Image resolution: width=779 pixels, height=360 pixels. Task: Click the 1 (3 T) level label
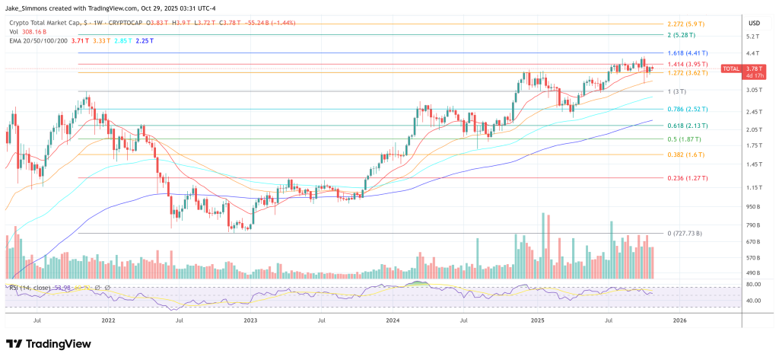676,91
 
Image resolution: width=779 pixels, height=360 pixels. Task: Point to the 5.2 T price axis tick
753,36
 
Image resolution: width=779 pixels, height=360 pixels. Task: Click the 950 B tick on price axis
753,206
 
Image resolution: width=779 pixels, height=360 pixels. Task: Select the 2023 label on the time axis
250,321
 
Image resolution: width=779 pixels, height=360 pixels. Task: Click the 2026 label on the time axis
679,321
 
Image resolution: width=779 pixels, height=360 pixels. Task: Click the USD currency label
754,23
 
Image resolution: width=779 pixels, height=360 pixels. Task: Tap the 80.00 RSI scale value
753,285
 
